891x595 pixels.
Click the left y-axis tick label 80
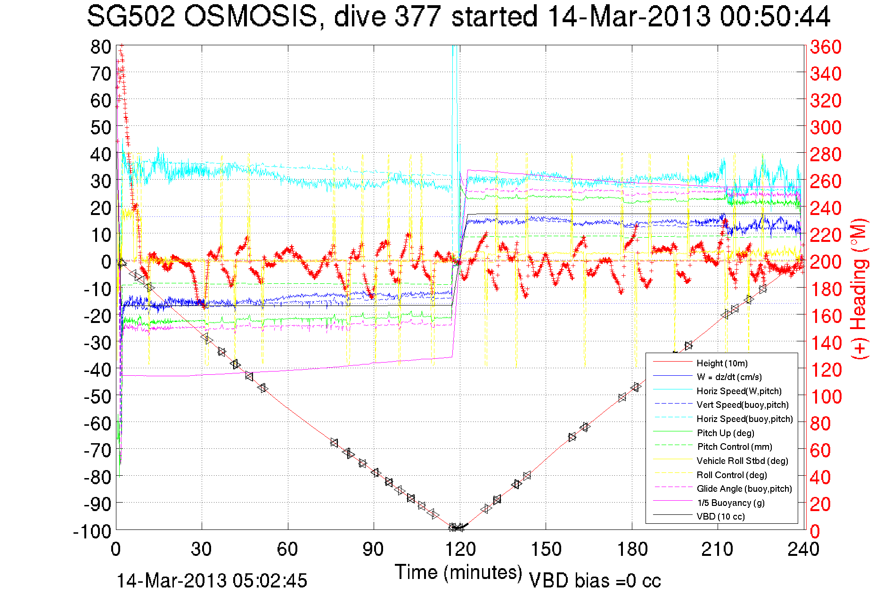[100, 47]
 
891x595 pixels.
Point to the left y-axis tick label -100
[92, 531]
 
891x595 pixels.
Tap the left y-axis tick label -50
[97, 397]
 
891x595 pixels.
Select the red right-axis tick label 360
[826, 47]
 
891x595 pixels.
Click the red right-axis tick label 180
[826, 289]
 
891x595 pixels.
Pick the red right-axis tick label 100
[826, 397]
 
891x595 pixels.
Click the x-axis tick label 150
[546, 549]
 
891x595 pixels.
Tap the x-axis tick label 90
[374, 549]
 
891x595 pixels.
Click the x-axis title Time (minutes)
[458, 572]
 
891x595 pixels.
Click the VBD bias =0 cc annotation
[595, 581]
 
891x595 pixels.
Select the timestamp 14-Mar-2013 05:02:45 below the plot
[212, 581]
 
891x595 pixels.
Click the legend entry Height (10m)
[722, 363]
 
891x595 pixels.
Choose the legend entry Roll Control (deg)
[732, 475]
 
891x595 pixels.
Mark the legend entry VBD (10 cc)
[720, 516]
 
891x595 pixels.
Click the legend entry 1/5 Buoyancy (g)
[730, 503]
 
